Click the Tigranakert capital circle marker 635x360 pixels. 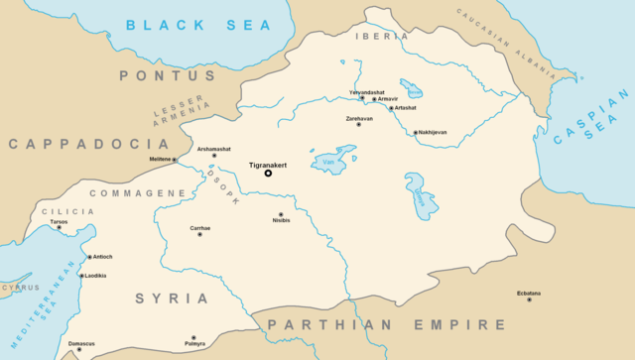click(x=268, y=173)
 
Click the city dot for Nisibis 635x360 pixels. click(x=280, y=214)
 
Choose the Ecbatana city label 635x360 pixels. click(x=530, y=293)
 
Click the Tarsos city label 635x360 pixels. click(x=59, y=221)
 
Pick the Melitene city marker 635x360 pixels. click(x=175, y=160)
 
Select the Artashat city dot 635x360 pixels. click(x=391, y=108)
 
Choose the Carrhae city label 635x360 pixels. click(x=200, y=228)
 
